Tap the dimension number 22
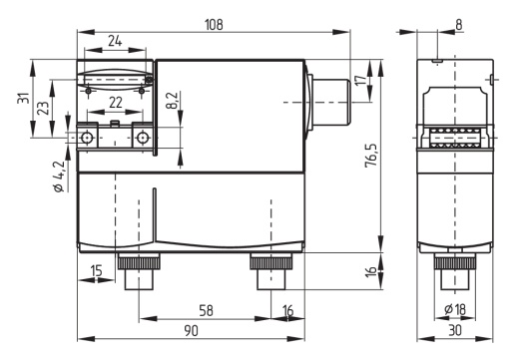point(116,102)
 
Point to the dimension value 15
point(97,270)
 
